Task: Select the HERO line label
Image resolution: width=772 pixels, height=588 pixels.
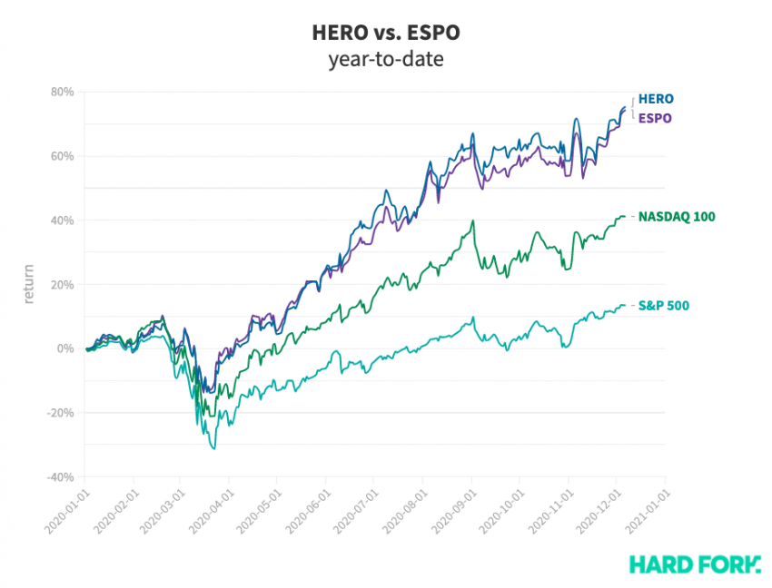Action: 656,98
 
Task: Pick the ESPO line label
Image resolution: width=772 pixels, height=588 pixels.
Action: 655,118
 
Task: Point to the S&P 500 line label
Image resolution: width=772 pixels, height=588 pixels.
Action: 664,305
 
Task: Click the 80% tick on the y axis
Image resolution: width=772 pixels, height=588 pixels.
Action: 62,92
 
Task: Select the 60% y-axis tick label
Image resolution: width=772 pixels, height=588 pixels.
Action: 62,156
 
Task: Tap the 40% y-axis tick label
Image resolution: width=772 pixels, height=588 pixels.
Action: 62,220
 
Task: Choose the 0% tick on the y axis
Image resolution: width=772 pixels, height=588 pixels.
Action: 66,348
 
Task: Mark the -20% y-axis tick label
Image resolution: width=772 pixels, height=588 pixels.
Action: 60,413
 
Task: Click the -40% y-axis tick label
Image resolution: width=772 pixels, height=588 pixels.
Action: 60,477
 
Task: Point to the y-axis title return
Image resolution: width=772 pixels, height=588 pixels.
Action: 29,284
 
